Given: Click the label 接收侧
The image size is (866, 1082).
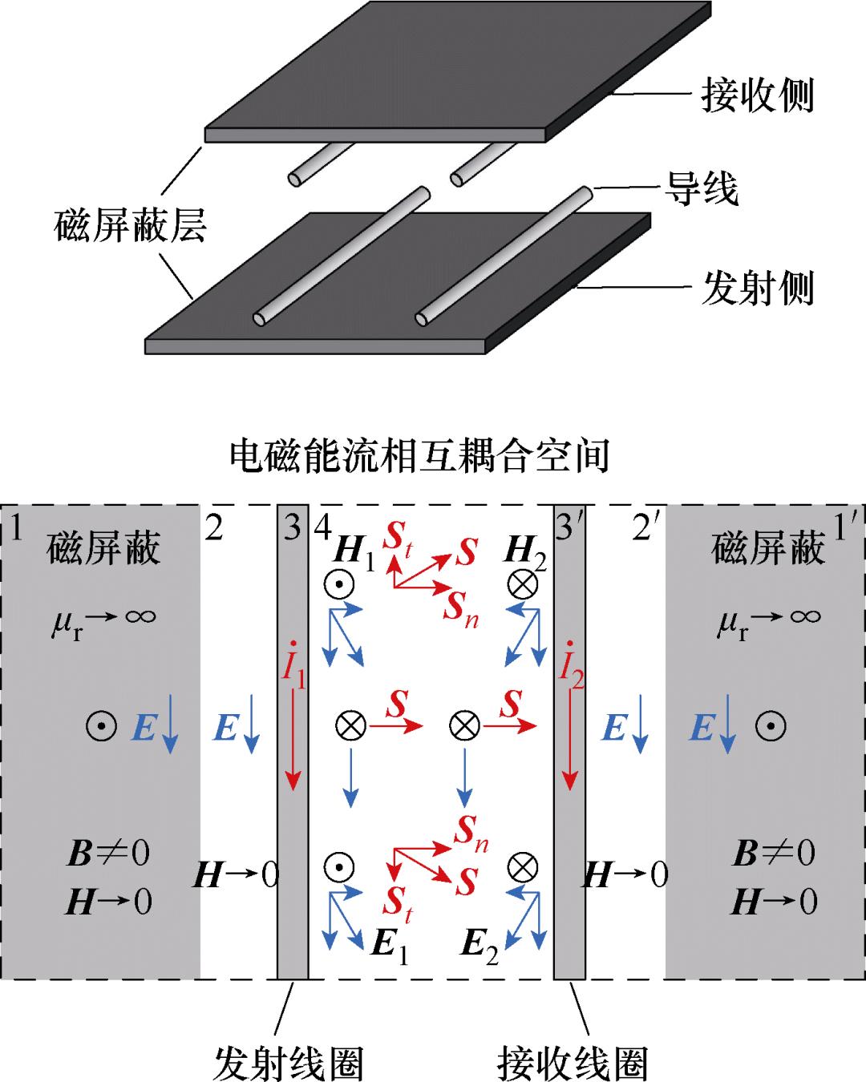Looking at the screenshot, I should pos(757,95).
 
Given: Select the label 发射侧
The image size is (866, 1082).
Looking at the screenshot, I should pos(757,287).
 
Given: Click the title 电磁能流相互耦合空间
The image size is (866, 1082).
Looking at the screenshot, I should pos(419,455).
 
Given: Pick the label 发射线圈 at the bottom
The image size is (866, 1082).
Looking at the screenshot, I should pos(289,1063).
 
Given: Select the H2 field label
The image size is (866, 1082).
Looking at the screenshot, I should pos(525,553).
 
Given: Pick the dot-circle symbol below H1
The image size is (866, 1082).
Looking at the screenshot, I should pos(339,585).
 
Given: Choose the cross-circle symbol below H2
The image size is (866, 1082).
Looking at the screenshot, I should pos(524,585).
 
